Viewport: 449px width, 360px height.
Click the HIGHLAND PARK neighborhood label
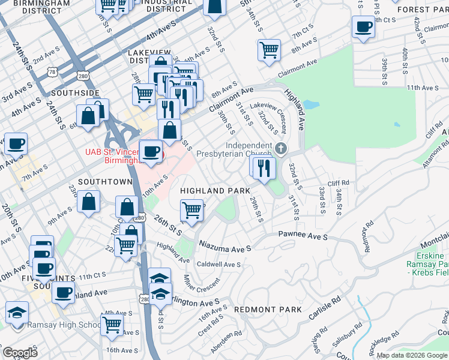(x=215, y=190)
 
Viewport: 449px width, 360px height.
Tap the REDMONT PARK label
(x=267, y=310)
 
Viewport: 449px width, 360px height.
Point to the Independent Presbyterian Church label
(x=249, y=149)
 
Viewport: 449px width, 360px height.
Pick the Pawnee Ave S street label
(x=303, y=236)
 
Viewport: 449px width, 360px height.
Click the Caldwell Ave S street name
(x=218, y=264)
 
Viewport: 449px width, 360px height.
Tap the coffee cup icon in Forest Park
(x=363, y=28)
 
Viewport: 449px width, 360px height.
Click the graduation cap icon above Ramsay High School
(x=17, y=312)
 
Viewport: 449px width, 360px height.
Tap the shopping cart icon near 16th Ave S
(x=112, y=325)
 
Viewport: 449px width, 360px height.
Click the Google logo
(x=20, y=353)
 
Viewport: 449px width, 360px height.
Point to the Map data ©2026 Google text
(x=412, y=355)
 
